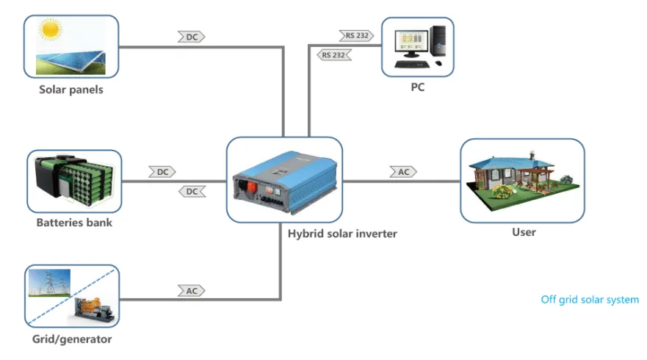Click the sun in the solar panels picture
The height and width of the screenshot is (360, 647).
pos(50,30)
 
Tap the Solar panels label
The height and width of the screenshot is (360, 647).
pos(71,90)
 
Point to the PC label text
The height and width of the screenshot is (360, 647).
pos(417,87)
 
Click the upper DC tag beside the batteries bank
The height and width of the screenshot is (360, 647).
pos(162,171)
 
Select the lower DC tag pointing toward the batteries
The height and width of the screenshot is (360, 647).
pos(192,192)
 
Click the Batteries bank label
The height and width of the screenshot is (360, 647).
pos(74,223)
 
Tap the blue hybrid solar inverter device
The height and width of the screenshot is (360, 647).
pos(283,179)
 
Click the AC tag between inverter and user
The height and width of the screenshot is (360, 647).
pos(403,171)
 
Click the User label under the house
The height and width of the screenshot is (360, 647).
pos(524,232)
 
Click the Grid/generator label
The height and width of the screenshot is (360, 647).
pos(72,339)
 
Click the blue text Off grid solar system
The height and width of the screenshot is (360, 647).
pos(590,300)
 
